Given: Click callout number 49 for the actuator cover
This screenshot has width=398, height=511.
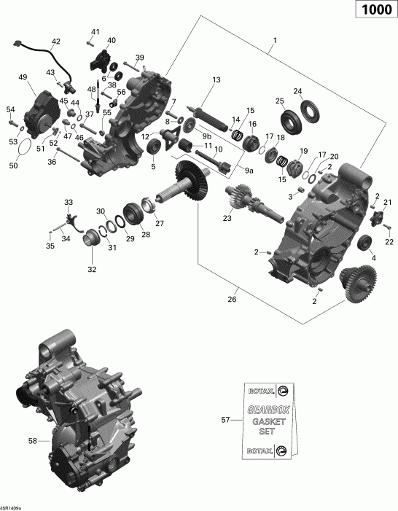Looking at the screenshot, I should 23,77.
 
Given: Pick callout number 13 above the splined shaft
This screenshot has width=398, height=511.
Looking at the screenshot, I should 216,79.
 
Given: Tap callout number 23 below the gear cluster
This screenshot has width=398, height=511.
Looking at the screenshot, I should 227,218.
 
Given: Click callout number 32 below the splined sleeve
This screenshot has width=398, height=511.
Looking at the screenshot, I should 91,270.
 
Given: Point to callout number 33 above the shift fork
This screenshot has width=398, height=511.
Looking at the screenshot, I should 68,202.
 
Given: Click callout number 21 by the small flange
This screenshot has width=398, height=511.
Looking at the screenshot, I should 387,202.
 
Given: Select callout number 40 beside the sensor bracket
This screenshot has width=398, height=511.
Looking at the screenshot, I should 111,40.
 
